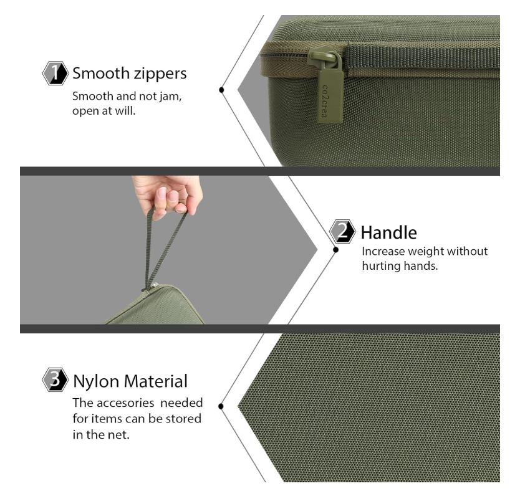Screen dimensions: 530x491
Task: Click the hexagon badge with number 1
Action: point(55,73)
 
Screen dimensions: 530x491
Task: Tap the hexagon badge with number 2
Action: point(342,231)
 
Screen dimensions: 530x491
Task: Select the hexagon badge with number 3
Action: point(55,379)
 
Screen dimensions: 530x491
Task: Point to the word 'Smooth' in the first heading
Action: point(101,74)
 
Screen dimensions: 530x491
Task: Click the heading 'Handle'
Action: point(388,232)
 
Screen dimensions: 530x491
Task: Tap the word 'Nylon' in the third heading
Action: point(96,382)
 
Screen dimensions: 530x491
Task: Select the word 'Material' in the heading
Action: point(155,381)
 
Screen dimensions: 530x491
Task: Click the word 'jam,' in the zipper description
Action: point(171,97)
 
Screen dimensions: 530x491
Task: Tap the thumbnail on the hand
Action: point(162,194)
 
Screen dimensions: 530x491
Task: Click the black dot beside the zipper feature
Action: point(221,90)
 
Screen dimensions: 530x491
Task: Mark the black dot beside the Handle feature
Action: point(335,250)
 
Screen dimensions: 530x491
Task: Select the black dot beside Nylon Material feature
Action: point(221,406)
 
